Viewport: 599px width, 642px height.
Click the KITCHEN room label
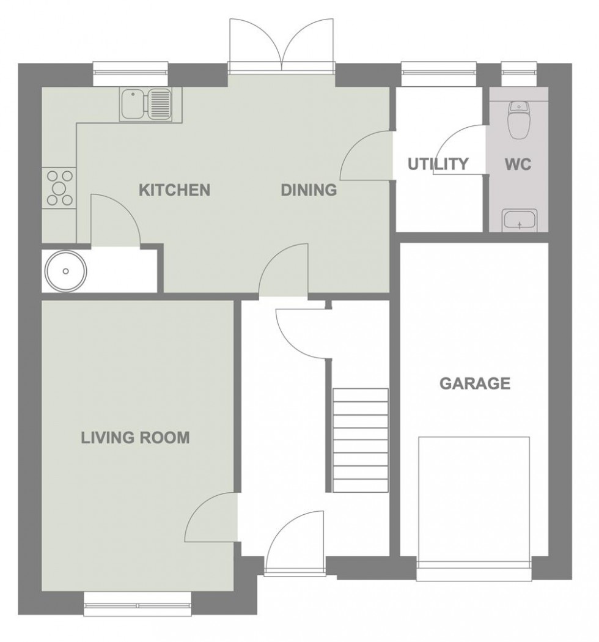[174, 190]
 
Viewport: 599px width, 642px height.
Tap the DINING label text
[309, 190]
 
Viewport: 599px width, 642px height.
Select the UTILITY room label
[438, 164]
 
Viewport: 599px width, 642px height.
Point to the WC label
[518, 164]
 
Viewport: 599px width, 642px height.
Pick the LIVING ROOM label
[136, 438]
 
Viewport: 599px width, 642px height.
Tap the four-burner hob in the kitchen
[59, 187]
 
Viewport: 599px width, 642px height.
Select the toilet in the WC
[518, 120]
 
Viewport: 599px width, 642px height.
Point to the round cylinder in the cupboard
[64, 270]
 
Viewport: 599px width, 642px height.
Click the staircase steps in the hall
[361, 440]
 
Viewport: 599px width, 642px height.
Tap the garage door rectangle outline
[474, 498]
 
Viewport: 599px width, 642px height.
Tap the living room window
[138, 605]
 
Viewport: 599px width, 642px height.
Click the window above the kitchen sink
[130, 73]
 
